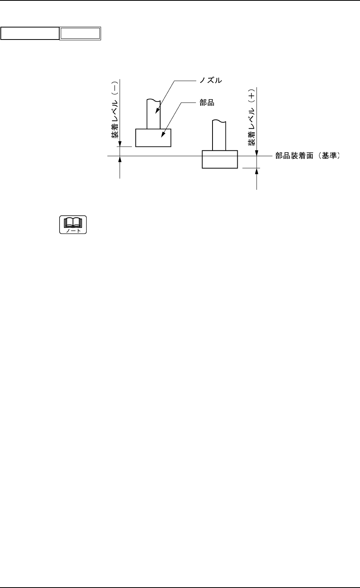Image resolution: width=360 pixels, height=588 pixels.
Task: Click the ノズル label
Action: pyautogui.click(x=211, y=81)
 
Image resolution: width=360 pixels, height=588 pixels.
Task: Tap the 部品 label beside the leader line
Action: pyautogui.click(x=207, y=103)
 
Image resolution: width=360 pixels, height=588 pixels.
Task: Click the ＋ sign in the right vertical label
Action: pyautogui.click(x=252, y=95)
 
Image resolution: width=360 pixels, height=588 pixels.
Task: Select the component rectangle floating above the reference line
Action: pyautogui.click(x=153, y=138)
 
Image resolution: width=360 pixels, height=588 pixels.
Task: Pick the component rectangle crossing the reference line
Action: pyautogui.click(x=220, y=159)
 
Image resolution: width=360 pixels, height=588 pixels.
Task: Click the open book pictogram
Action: pyautogui.click(x=73, y=222)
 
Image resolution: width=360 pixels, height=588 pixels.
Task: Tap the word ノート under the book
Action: pyautogui.click(x=73, y=230)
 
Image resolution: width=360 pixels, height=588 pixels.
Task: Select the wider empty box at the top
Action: pyautogui.click(x=30, y=34)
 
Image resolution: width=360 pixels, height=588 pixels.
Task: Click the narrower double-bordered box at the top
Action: pyautogui.click(x=80, y=34)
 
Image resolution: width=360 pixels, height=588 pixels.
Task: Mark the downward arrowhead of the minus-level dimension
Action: pyautogui.click(x=121, y=144)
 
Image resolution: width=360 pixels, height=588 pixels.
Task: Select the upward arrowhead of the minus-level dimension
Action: pyautogui.click(x=121, y=158)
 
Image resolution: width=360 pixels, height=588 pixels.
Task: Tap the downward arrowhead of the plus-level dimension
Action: pyautogui.click(x=257, y=154)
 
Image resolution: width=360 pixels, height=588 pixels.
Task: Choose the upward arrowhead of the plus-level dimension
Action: pyautogui.click(x=257, y=170)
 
